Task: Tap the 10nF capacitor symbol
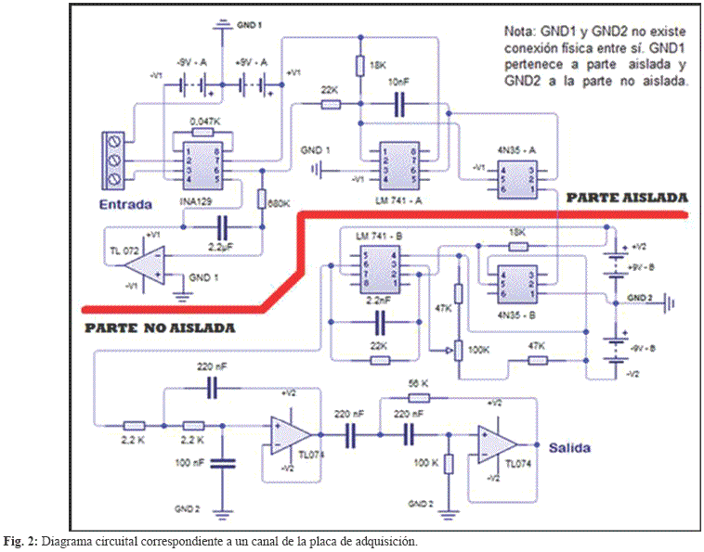(x=399, y=106)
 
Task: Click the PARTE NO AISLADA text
(x=159, y=327)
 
